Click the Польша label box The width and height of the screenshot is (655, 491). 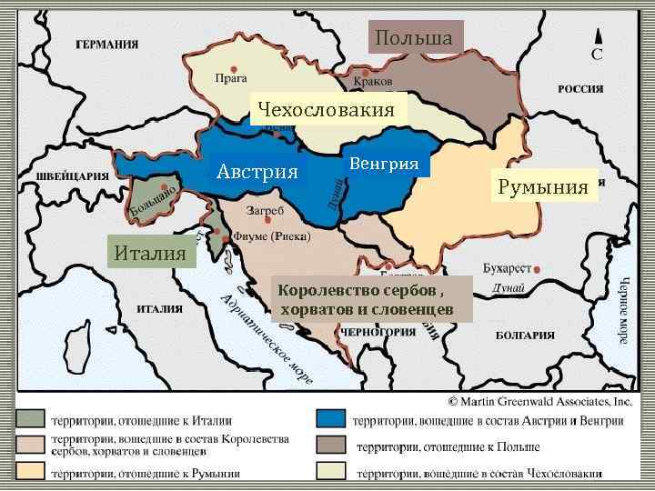pos(415,38)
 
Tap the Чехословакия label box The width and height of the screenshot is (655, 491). pos(326,110)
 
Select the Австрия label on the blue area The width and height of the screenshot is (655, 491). pos(257,172)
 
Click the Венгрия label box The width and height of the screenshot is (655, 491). pos(384,164)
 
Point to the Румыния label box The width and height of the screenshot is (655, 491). pos(543,187)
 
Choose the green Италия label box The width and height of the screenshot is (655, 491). pos(152,250)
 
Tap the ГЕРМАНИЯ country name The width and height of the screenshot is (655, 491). pos(106,44)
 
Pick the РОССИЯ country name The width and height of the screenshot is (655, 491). pos(580,89)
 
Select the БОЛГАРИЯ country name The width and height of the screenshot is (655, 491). pos(525,336)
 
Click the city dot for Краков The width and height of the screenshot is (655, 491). pos(365,72)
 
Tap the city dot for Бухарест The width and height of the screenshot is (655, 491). pos(539,270)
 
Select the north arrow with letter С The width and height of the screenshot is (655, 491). pos(597,43)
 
